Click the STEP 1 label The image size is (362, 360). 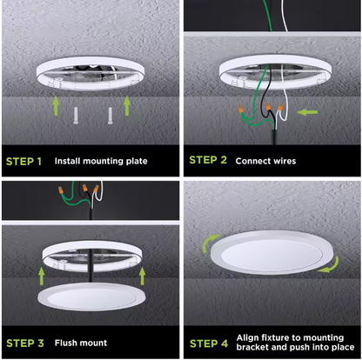click(23, 162)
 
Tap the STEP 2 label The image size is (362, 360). click(208, 160)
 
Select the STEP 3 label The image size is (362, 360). click(25, 343)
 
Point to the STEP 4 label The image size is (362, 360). click(209, 343)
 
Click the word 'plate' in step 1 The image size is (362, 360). click(137, 161)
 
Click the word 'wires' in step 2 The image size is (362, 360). click(284, 161)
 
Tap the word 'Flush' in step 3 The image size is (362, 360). click(65, 343)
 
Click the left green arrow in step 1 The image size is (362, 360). click(56, 106)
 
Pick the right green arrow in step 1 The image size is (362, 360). click(127, 106)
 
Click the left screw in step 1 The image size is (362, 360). click(76, 116)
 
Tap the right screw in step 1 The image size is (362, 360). click(111, 116)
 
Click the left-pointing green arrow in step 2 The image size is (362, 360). click(307, 112)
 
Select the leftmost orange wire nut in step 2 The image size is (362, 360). click(240, 110)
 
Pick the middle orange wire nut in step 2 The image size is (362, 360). click(268, 106)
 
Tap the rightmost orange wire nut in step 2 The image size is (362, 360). click(280, 107)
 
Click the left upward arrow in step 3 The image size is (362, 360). click(42, 276)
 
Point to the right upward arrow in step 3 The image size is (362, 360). click(142, 276)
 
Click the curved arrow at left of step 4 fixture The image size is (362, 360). click(209, 243)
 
